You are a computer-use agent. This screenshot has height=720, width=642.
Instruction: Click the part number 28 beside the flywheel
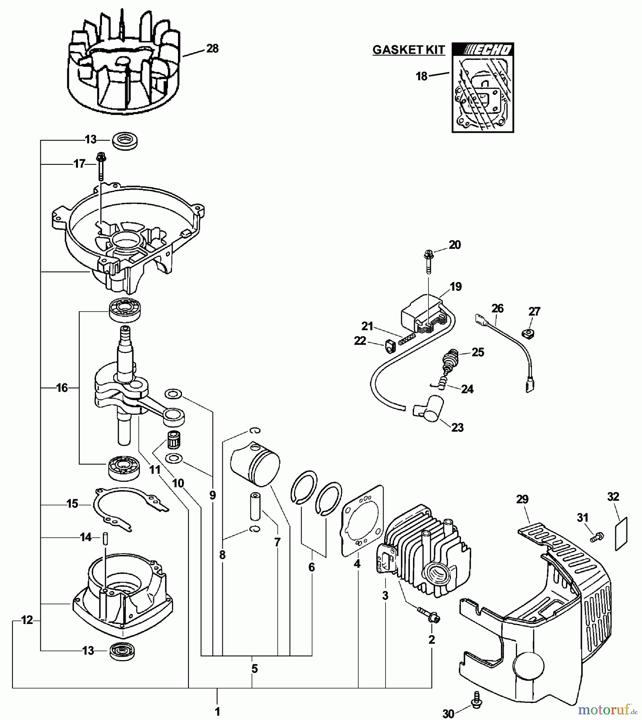tap(212, 49)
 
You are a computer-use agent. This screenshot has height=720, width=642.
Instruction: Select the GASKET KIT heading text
tap(408, 50)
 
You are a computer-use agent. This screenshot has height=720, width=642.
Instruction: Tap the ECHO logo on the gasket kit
tap(483, 50)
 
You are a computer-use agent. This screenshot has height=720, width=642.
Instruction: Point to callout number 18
tap(422, 76)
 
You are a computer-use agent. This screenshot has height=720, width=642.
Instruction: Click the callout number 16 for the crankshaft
tap(62, 388)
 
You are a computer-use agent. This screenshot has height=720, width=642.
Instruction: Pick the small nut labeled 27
tap(529, 332)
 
